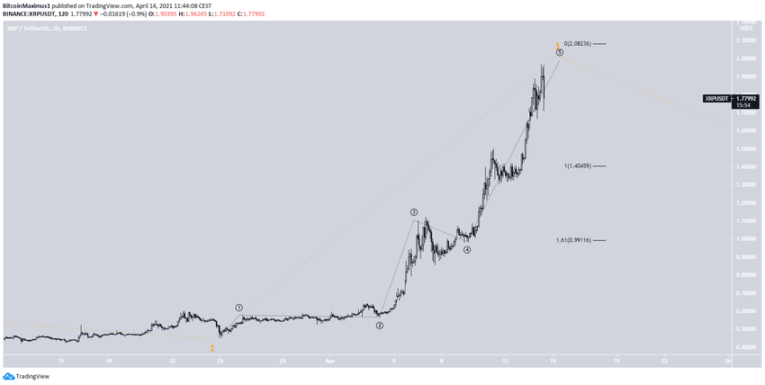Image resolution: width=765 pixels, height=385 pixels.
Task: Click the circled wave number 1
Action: [239, 308]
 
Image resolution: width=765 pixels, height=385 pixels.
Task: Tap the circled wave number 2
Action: [380, 326]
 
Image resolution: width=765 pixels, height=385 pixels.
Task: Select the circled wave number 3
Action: [414, 212]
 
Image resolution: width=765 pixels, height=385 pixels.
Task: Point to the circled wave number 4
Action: [467, 250]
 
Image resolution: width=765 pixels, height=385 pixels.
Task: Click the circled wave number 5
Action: [560, 53]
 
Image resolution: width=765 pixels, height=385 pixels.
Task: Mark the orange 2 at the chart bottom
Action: [212, 348]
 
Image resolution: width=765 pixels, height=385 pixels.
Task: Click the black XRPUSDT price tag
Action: [716, 98]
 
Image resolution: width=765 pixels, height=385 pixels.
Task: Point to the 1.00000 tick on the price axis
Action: [745, 238]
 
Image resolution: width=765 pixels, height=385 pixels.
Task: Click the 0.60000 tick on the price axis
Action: [745, 311]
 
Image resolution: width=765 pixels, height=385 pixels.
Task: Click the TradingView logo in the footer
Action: [26, 377]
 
